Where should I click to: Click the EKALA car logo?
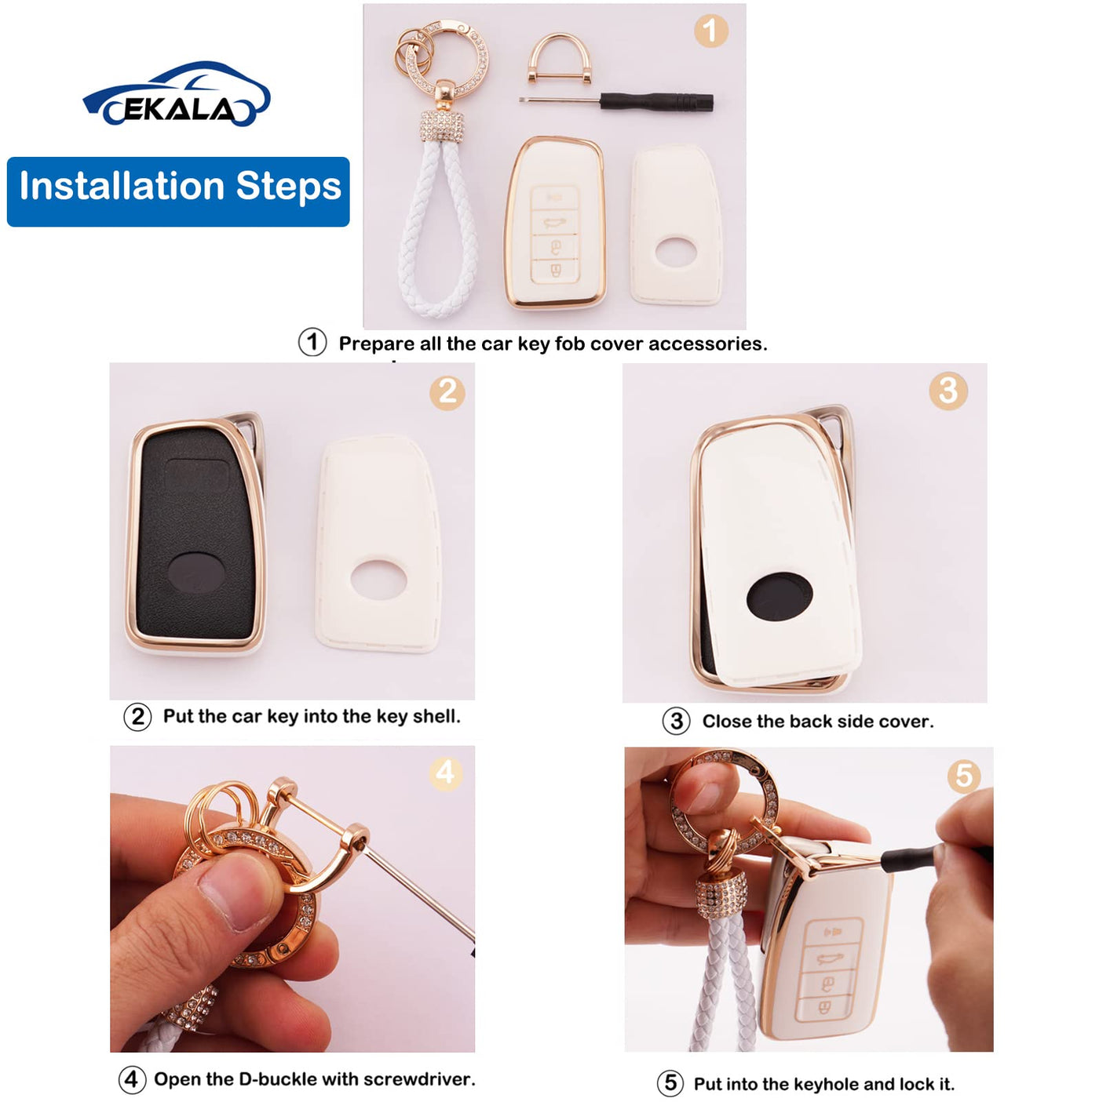click(177, 94)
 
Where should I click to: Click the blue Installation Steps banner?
click(178, 191)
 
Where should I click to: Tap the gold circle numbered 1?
click(710, 31)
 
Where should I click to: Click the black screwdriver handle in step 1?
click(656, 103)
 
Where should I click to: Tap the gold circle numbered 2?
click(447, 392)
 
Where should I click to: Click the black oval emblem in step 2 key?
click(197, 572)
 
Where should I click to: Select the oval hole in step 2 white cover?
click(378, 580)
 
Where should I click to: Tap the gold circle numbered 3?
click(948, 391)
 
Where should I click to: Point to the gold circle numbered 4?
click(445, 773)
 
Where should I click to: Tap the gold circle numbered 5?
click(964, 776)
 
